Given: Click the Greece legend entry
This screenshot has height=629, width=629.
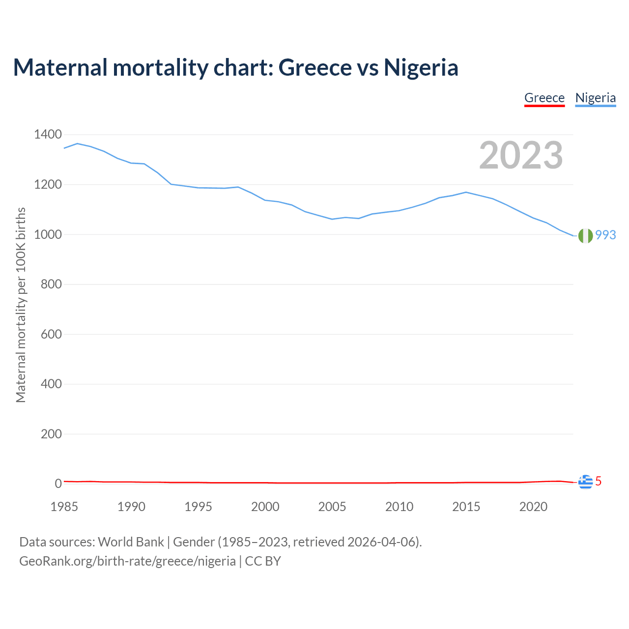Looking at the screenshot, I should coord(544,98).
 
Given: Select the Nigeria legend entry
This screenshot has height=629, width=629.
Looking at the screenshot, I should coord(595,98).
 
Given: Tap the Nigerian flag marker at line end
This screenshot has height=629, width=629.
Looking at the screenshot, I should coord(585,236).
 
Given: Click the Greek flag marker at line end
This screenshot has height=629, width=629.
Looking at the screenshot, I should coord(585,482).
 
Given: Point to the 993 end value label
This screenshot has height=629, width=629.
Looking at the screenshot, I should coord(605,235).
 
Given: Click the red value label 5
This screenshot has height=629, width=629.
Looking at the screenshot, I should coord(598,482).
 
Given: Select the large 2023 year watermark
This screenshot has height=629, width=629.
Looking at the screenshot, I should coord(521,155).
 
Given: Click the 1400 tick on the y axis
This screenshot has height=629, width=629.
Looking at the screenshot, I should coord(48,135).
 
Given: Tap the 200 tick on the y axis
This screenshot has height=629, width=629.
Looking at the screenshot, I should coord(51,434).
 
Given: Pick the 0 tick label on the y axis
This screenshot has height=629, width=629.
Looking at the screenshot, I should coord(58,484).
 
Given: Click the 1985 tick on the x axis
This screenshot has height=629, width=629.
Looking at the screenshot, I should coord(64,507).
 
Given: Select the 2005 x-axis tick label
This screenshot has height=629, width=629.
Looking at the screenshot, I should coord(332,507).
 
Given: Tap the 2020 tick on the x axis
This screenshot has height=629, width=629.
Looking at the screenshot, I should coord(533,507).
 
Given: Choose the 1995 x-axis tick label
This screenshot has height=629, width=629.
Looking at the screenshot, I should coord(198,507).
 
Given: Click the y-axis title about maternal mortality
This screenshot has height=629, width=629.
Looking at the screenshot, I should coord(21,305).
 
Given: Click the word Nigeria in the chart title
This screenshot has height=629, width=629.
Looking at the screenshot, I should coord(421,67).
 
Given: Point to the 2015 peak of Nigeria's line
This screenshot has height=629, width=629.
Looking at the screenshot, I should coord(466,192).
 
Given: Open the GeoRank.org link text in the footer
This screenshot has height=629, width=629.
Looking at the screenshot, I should coord(127,561).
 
